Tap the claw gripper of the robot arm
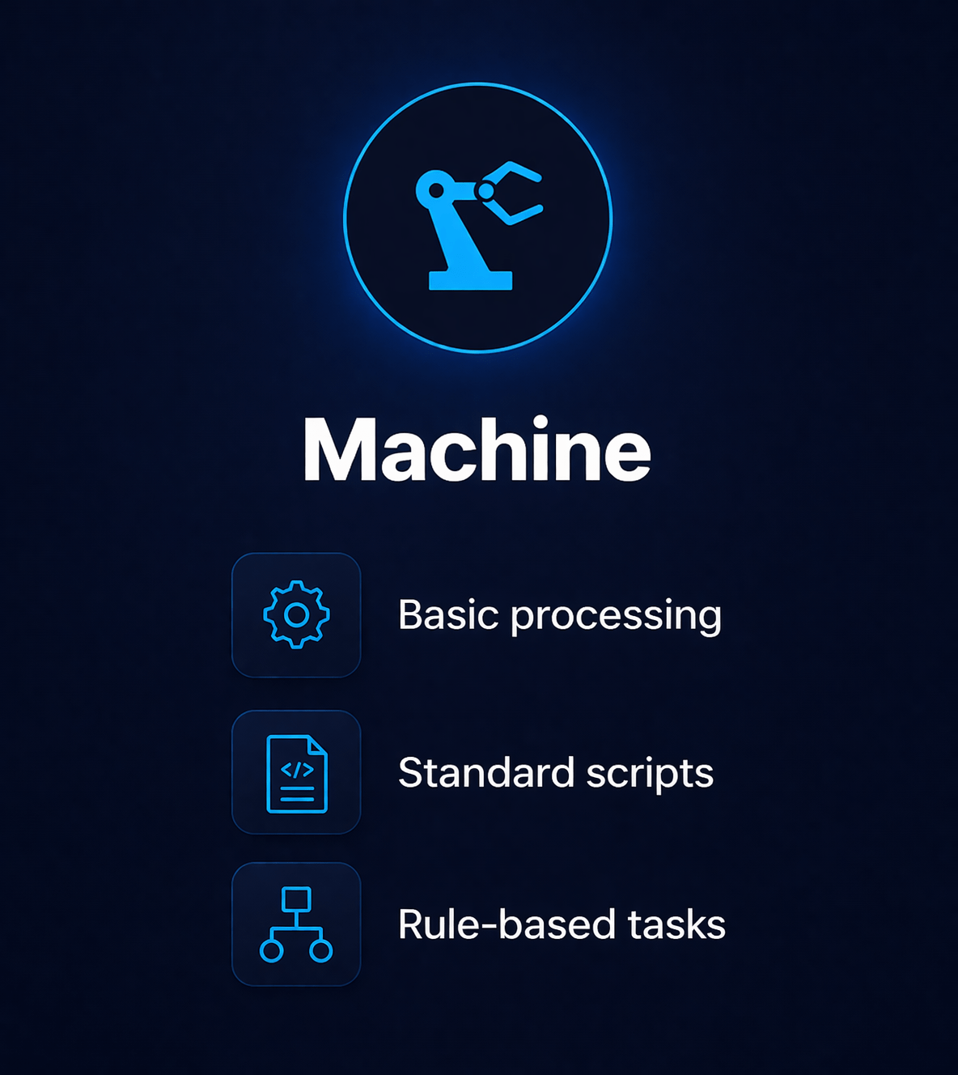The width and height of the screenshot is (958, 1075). coord(515,193)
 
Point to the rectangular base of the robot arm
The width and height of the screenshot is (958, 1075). coord(470,280)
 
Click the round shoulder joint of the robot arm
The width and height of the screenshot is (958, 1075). coord(435,190)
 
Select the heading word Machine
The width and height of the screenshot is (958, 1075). coord(477,450)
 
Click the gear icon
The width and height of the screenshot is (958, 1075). coord(296,615)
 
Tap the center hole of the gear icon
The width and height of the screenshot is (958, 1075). coord(296,615)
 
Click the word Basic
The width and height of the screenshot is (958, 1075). coord(448,615)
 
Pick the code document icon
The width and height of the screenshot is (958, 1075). coord(296,773)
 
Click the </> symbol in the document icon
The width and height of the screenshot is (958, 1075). coord(296,770)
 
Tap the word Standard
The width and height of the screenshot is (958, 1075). coord(485,772)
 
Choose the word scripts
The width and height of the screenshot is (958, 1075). coord(650,774)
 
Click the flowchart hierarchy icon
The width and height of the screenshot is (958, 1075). coord(296,924)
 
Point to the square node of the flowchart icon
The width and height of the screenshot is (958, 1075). coord(296,899)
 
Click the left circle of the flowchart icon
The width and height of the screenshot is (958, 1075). coord(272,950)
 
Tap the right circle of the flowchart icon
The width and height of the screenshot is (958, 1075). coord(321,950)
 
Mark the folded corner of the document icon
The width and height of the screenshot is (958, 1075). coord(318,746)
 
